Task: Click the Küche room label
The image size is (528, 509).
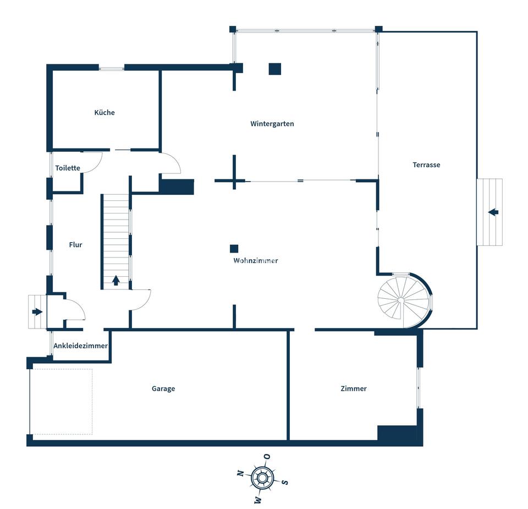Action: point(105,112)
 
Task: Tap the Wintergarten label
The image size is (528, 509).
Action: point(272,124)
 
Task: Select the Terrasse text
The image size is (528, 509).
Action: point(426,165)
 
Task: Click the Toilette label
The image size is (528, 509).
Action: point(68,168)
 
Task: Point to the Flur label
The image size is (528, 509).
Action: point(75,245)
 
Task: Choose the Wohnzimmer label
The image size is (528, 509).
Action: point(256,261)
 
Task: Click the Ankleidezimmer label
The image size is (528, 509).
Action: point(80,346)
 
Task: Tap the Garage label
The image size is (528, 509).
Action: point(163,388)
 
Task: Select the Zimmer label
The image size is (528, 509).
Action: point(354,388)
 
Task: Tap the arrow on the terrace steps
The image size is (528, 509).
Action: point(493,212)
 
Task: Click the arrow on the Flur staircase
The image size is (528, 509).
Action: point(116,280)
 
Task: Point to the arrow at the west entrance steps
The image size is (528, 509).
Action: point(37,312)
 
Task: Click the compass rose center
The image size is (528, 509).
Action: point(262,477)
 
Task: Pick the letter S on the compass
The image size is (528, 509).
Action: point(284,482)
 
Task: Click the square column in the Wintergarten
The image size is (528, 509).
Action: point(275,69)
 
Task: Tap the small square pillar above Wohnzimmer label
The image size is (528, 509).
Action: point(234,249)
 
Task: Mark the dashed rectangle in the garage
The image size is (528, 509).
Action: point(61,402)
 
